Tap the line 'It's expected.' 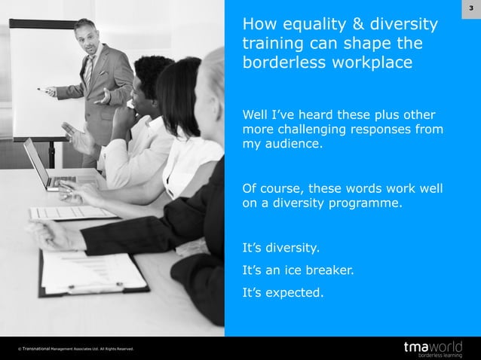click(282, 293)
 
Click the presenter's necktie click(90, 72)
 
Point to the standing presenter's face click(89, 39)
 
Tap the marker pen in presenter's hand click(42, 89)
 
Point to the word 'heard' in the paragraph click(322, 115)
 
